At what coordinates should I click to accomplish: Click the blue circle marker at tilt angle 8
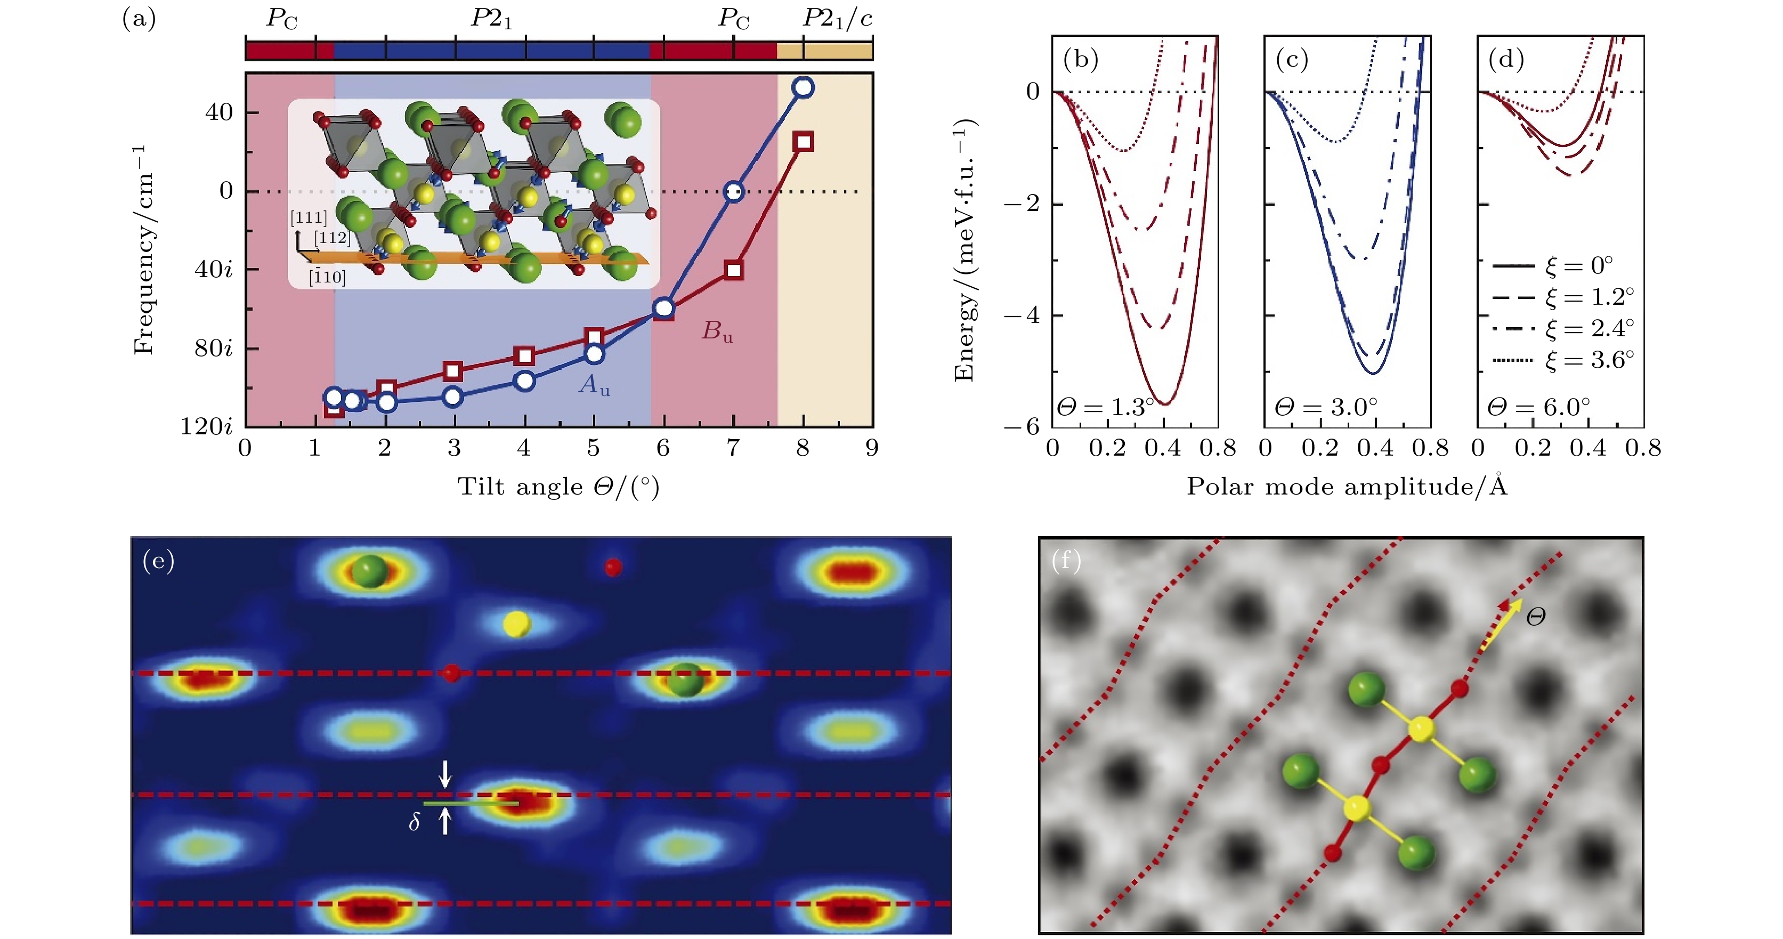click(x=803, y=87)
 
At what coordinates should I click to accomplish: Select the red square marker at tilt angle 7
click(x=734, y=270)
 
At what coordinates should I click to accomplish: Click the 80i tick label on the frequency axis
click(x=213, y=347)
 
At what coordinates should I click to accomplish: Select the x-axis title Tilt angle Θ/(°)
click(x=558, y=487)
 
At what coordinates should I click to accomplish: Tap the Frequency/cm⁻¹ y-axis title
click(x=143, y=250)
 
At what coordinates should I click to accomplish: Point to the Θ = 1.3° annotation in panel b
click(x=1105, y=407)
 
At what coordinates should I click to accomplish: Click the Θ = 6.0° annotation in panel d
click(x=1538, y=407)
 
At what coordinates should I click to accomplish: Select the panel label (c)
click(x=1292, y=60)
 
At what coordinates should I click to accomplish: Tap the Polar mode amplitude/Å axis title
click(x=1347, y=487)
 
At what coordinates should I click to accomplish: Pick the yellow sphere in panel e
click(x=516, y=624)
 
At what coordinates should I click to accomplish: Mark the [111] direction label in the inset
click(x=309, y=218)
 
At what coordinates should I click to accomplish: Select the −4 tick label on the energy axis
click(x=1022, y=315)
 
